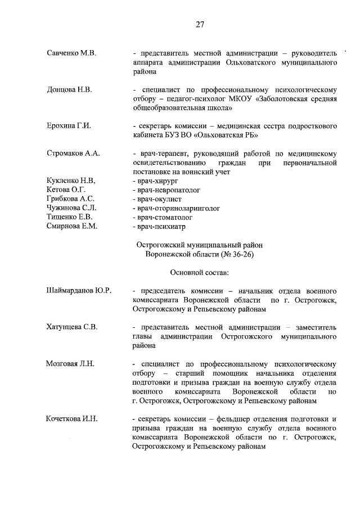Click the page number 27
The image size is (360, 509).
point(199,24)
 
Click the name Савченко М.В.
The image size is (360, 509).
point(71,53)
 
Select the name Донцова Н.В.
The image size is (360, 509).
point(69,89)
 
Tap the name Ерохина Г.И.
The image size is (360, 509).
point(69,125)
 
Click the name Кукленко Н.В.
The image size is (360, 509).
point(71,181)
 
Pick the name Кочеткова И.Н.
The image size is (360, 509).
point(72,419)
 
